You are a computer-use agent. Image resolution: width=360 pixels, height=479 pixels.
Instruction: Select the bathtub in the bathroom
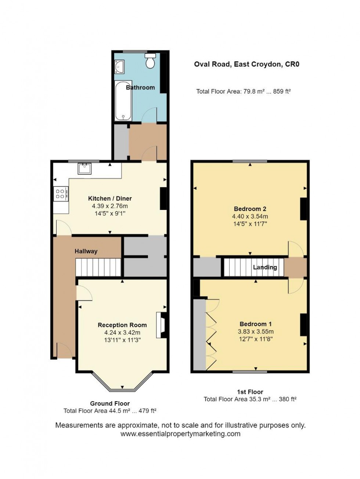point(123,101)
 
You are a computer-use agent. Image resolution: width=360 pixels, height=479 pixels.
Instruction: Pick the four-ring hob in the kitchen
point(61,194)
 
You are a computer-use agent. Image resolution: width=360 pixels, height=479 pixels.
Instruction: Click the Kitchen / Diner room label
point(110,199)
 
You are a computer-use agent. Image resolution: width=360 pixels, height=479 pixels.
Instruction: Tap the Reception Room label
point(122,325)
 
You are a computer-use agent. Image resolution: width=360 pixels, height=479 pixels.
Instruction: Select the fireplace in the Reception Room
point(161,325)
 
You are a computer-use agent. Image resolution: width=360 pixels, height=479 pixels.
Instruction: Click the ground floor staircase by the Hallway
point(98,267)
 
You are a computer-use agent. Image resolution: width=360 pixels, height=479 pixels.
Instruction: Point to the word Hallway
point(86,251)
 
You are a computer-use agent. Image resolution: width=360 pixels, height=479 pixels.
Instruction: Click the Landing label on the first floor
point(265,267)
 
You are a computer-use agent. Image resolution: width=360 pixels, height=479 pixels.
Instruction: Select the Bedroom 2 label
point(249,209)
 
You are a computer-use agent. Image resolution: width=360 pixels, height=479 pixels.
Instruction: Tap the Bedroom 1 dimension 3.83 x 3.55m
point(256,331)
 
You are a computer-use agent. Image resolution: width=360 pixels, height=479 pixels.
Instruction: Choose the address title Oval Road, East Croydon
point(247,65)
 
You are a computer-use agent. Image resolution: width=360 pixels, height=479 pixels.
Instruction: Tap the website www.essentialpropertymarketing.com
point(180,434)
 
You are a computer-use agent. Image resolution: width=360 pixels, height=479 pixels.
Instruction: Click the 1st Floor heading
point(250,392)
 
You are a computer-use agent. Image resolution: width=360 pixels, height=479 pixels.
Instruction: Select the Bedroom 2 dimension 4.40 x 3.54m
point(250,216)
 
